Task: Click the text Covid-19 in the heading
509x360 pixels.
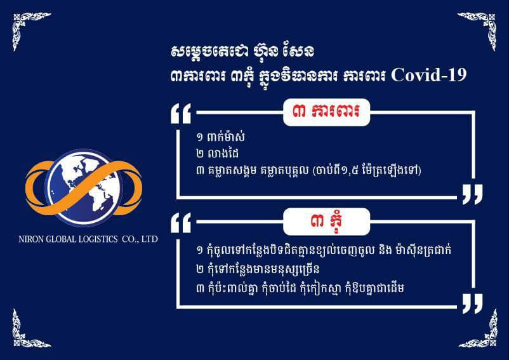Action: pos(429,76)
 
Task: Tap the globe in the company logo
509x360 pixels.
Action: pos(84,188)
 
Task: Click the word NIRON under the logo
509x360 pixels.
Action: pos(31,239)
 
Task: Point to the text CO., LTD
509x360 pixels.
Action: pos(140,239)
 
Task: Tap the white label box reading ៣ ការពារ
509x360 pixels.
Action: pos(327,112)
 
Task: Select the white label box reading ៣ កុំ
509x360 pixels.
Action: pos(327,222)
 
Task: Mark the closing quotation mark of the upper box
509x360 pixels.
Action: pos(472,194)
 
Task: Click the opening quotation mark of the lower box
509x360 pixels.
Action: pos(181,223)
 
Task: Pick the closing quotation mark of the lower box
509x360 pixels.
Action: pos(472,304)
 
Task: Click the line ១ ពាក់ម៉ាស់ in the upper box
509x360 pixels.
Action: pos(220,137)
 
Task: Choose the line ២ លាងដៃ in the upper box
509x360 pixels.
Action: pos(218,154)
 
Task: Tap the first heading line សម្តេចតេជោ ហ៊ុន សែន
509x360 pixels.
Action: pos(242,51)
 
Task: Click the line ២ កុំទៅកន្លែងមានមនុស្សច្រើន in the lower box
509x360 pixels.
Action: pos(258,269)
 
